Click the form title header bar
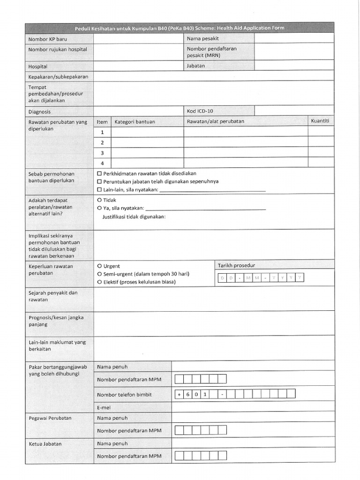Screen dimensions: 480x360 (x=180, y=28)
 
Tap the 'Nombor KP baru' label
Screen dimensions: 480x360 (x=48, y=39)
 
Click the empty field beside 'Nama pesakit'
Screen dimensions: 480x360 (x=294, y=38)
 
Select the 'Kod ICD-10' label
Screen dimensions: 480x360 (x=200, y=111)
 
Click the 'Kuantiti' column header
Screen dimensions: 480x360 (x=320, y=121)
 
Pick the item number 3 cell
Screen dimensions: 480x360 (x=102, y=153)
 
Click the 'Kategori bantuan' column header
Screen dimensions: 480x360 (x=135, y=122)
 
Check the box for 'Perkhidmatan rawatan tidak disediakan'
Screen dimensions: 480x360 (x=99, y=173)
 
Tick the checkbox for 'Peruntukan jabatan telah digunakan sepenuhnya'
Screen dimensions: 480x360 (x=99, y=181)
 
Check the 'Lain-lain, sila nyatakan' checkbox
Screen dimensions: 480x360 (x=99, y=190)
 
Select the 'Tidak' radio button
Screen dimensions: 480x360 (x=99, y=200)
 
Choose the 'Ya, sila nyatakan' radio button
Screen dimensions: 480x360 (x=99, y=208)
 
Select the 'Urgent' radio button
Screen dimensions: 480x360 (x=99, y=266)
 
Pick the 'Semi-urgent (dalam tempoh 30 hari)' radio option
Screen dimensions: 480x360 (x=99, y=274)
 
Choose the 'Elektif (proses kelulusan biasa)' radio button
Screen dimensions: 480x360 (x=99, y=282)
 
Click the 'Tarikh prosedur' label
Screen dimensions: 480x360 (x=236, y=265)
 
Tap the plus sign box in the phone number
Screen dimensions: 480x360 (x=179, y=395)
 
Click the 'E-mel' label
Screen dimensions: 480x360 (x=104, y=408)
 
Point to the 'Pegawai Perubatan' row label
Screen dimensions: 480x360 (x=50, y=418)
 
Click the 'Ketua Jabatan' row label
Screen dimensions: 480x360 (x=45, y=443)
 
